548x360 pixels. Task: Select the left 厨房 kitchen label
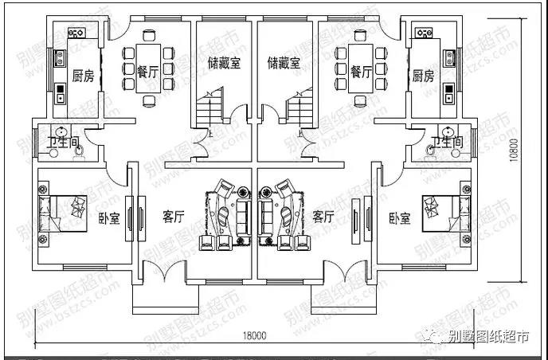tap(83, 76)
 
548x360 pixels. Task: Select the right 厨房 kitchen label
tap(423, 76)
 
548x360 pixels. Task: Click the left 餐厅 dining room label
tap(146, 72)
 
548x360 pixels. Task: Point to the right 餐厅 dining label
tap(361, 72)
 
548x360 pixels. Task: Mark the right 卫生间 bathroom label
tap(446, 143)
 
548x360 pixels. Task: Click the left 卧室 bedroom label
tap(108, 217)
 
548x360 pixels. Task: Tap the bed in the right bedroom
tap(446, 209)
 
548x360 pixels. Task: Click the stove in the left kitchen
tap(76, 33)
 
